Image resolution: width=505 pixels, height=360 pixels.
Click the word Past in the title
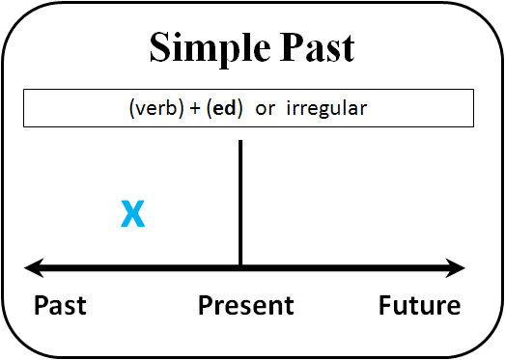click(309, 47)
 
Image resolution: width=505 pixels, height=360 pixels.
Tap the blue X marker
click(133, 215)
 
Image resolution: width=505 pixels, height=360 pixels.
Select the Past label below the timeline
click(60, 306)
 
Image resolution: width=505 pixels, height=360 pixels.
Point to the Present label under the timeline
click(245, 306)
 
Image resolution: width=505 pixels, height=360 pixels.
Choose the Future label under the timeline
click(419, 306)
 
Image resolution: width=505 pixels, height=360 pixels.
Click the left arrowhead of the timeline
click(33, 266)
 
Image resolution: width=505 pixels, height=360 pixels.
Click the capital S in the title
click(160, 47)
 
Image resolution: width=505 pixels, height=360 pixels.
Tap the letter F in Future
click(384, 306)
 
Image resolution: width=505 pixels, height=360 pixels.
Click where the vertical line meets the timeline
click(239, 266)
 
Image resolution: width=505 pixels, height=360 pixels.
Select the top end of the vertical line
click(239, 143)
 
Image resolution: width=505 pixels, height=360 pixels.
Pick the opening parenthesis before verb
click(131, 109)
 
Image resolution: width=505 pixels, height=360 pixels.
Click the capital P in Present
click(205, 306)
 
